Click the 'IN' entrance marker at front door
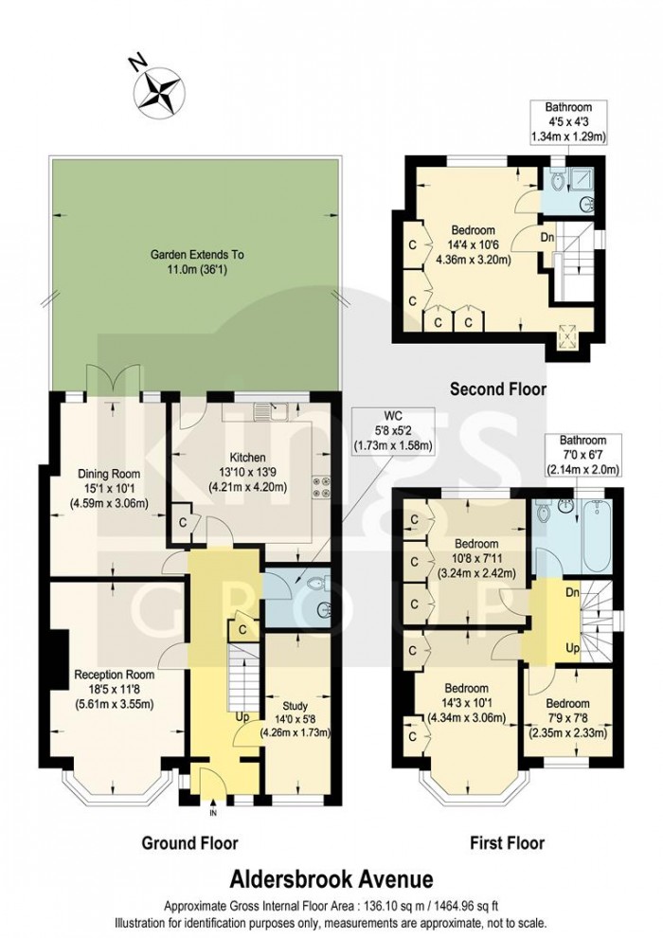(213, 812)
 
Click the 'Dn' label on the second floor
(547, 237)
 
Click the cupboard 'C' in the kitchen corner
(182, 522)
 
